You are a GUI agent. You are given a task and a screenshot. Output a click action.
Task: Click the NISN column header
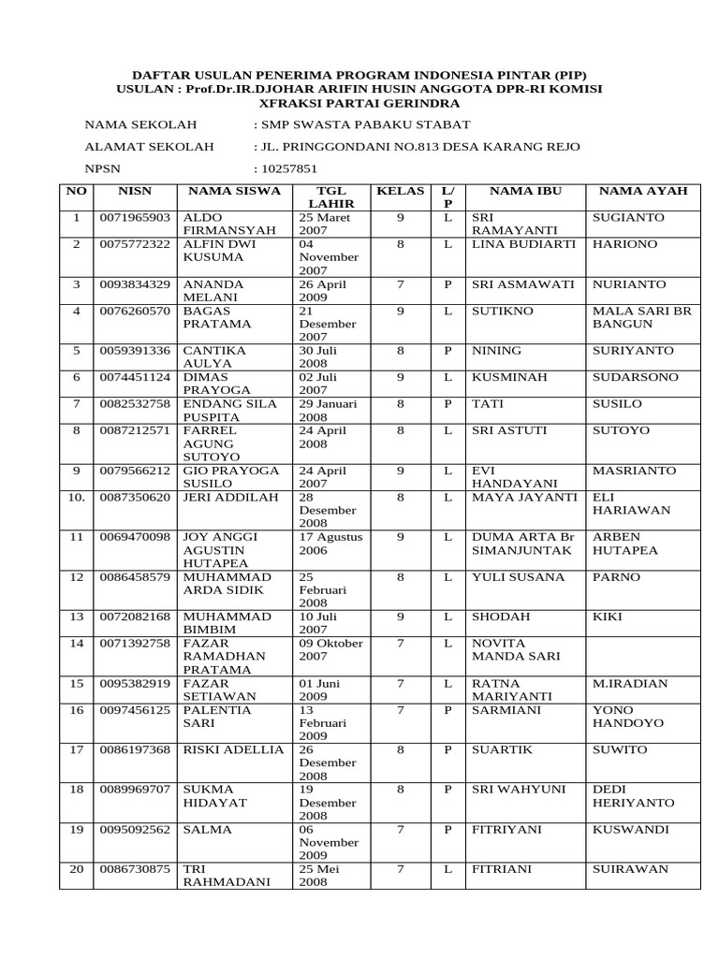coord(135,191)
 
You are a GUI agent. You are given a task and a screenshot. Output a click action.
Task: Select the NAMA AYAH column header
coord(642,191)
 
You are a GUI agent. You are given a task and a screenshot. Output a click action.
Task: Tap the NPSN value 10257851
coord(288,169)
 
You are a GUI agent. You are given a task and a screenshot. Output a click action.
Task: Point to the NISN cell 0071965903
coord(135,218)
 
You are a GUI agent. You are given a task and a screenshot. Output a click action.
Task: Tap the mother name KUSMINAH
coord(510,377)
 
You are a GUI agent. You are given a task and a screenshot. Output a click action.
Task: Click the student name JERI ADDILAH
coord(230,498)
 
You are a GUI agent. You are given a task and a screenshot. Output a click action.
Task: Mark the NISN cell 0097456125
coord(135,710)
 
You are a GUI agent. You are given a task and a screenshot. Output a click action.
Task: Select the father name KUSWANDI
coord(631,830)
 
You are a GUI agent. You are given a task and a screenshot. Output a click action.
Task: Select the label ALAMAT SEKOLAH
coord(149,147)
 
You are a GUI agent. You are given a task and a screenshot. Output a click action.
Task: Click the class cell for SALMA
coord(400,830)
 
